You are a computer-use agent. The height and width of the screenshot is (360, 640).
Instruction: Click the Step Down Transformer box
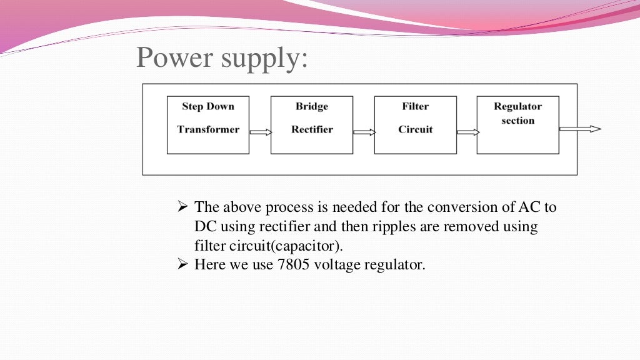[208, 125]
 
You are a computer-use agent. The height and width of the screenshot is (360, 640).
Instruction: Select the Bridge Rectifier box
[311, 125]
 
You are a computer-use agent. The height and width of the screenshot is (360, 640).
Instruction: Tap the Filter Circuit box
[415, 125]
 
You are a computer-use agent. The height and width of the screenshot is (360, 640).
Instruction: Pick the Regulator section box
[517, 125]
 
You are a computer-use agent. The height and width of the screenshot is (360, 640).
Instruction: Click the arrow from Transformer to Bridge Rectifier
[260, 132]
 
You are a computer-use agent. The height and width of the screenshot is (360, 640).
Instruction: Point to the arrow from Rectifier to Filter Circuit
[364, 132]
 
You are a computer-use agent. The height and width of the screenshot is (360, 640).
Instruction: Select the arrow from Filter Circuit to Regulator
[467, 132]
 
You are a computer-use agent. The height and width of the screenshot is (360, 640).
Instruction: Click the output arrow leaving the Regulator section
[579, 129]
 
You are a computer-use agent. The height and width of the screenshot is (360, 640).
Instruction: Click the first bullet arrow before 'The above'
[183, 207]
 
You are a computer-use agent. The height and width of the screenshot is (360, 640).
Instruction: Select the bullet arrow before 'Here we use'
[183, 264]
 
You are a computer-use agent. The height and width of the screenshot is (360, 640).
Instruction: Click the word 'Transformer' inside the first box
[208, 129]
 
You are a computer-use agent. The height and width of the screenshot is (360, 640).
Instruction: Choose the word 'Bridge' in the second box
[312, 106]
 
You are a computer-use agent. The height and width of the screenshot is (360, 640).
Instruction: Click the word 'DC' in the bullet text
[205, 226]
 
